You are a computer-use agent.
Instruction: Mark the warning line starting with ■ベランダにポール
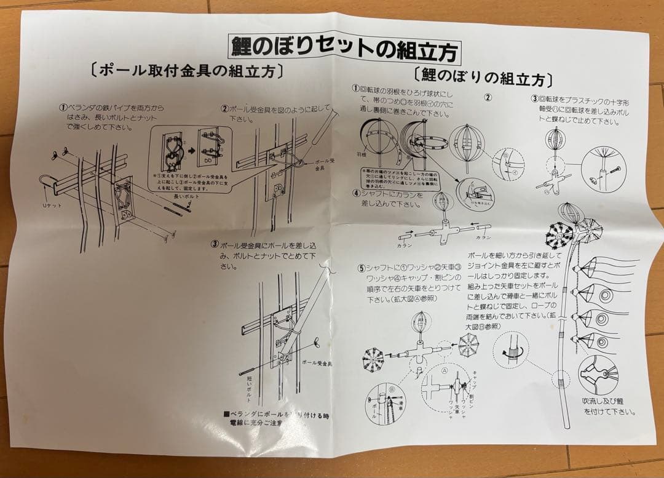(x=276, y=418)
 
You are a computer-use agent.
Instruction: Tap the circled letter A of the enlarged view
(x=445, y=371)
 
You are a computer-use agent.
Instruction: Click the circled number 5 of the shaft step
(x=362, y=268)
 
